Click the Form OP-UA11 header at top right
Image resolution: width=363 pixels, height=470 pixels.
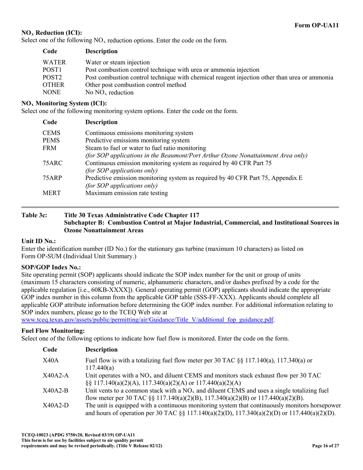point(316,25)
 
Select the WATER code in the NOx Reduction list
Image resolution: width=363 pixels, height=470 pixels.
point(54,62)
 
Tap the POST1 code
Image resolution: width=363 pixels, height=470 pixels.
point(52,70)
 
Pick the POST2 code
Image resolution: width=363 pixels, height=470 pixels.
point(52,78)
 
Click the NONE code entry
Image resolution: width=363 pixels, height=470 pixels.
point(52,92)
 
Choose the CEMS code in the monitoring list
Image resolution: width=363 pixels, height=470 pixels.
point(51,133)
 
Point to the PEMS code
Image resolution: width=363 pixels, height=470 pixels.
point(51,141)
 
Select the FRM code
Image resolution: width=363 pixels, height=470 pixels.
point(50,148)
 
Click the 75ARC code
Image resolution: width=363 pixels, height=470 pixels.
point(52,163)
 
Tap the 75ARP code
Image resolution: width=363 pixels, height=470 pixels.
point(52,178)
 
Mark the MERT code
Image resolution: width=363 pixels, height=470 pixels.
point(52,193)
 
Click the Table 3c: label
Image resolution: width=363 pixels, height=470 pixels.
point(34,215)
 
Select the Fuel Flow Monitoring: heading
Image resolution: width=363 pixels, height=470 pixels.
point(53,331)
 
